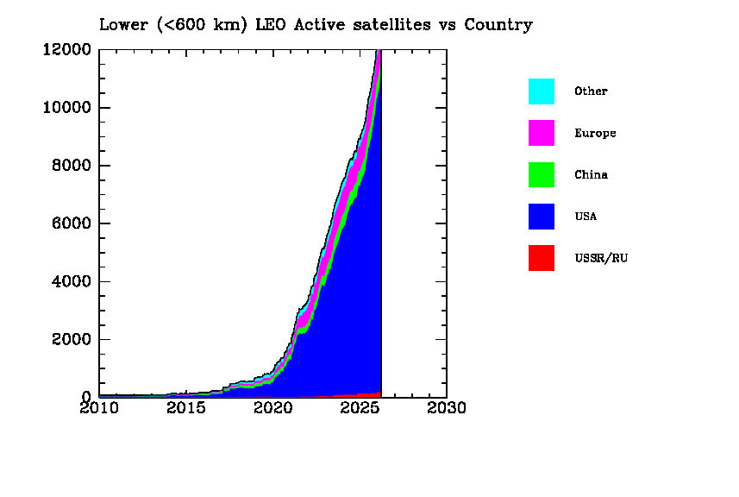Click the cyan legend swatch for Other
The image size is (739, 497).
pyautogui.click(x=542, y=91)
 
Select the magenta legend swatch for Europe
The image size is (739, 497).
pyautogui.click(x=542, y=133)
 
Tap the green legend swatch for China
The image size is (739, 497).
pyautogui.click(x=542, y=174)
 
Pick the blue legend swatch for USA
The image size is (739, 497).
pyautogui.click(x=542, y=216)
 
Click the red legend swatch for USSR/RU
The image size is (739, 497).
pyautogui.click(x=542, y=258)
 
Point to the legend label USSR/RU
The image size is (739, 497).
pyautogui.click(x=601, y=258)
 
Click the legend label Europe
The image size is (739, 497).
pyautogui.click(x=595, y=133)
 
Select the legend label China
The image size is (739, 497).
pyautogui.click(x=591, y=174)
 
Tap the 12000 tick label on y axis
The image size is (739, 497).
pyautogui.click(x=66, y=49)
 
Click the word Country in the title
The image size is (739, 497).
pyautogui.click(x=498, y=24)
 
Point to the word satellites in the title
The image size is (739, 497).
pyautogui.click(x=387, y=24)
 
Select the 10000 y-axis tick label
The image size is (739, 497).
pyautogui.click(x=66, y=108)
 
